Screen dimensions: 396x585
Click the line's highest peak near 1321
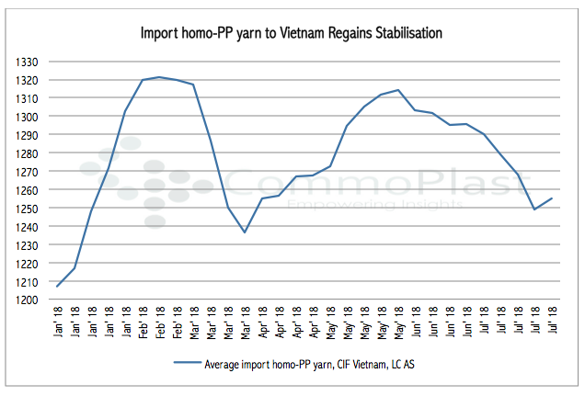pyautogui.click(x=159, y=77)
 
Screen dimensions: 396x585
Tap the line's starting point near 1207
pyautogui.click(x=57, y=287)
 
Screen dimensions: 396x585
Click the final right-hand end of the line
pyautogui.click(x=552, y=198)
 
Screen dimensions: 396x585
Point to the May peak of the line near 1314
pyautogui.click(x=397, y=90)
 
